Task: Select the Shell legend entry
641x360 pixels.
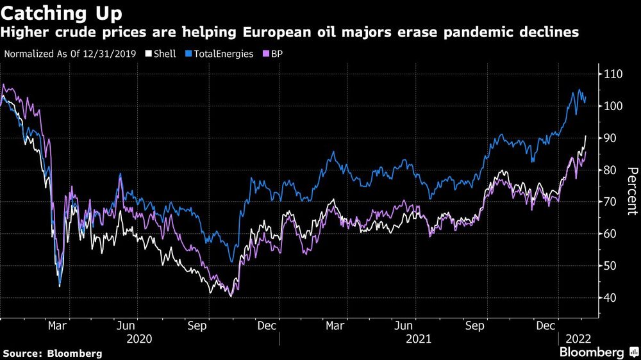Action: click(x=162, y=54)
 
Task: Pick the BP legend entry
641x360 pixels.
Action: click(x=277, y=54)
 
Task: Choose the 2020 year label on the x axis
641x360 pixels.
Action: click(x=140, y=338)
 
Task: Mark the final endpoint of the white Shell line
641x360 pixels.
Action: click(x=585, y=136)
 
